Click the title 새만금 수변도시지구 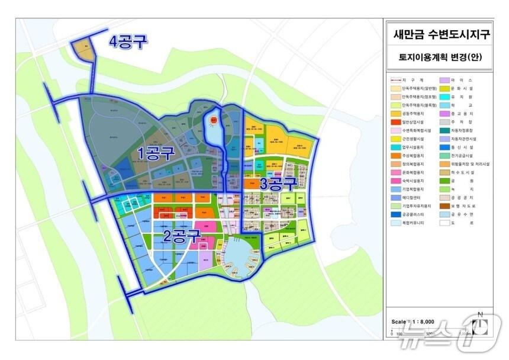(x=442, y=35)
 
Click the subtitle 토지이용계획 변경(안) (x=442, y=58)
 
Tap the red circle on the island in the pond (x=213, y=120)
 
